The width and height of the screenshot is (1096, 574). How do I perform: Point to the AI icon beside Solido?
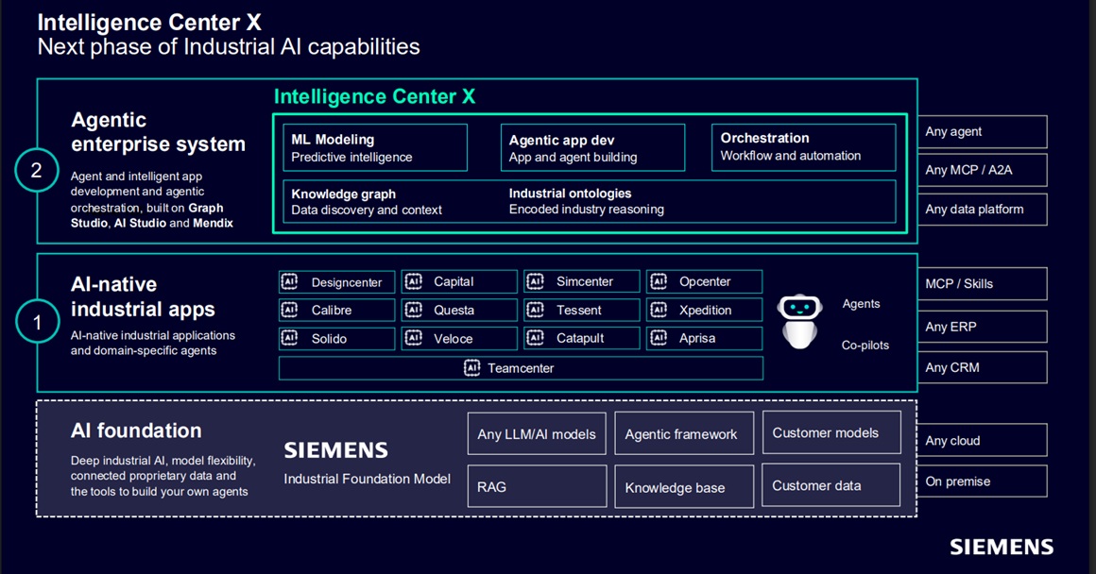point(289,338)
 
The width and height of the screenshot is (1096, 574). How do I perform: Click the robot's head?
point(799,306)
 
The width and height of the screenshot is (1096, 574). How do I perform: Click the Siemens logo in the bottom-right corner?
point(1002,547)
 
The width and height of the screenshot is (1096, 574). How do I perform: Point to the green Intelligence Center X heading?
point(374,96)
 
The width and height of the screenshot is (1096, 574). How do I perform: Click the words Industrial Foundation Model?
point(367,479)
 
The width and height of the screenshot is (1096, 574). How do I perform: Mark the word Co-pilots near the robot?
point(865,345)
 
